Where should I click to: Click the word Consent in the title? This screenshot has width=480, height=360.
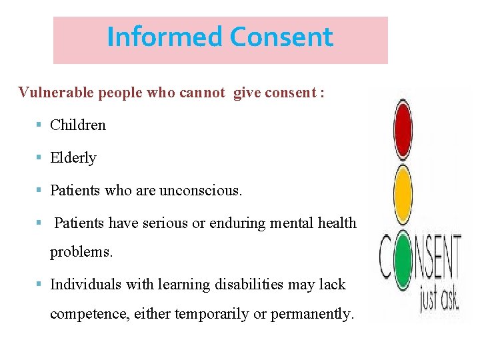click(281, 37)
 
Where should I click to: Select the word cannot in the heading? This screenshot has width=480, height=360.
click(202, 92)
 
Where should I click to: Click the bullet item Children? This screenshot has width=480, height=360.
click(78, 125)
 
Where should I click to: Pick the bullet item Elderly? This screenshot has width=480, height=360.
click(73, 158)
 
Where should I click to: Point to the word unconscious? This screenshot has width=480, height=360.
click(201, 191)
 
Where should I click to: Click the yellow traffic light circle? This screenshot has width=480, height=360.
click(403, 189)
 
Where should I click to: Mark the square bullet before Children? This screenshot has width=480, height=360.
click(40, 125)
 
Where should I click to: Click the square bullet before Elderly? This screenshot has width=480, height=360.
click(40, 158)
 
